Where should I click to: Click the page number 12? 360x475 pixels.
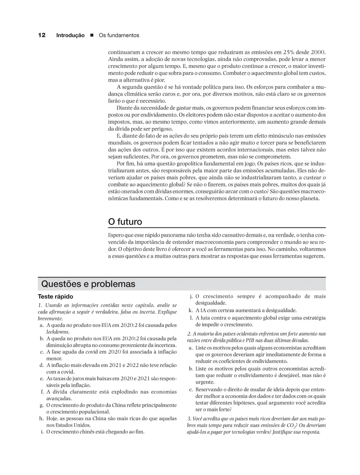pos(41,35)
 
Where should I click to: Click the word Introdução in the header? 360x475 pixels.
pos(70,36)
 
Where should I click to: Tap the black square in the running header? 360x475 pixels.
pos(92,36)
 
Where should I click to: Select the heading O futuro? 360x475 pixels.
pos(125,222)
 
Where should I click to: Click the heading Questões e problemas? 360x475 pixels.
pos(88,284)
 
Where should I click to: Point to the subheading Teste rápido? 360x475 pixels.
pos(55,297)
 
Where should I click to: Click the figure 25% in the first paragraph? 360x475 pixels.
pos(290,52)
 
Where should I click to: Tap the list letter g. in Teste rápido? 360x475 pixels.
pos(42,405)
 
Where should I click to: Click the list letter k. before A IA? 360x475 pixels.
pos(191,310)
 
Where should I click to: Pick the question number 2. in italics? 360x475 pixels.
pos(189,334)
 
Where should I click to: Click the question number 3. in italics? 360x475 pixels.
pos(189,418)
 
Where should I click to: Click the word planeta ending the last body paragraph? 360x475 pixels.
pos(309,198)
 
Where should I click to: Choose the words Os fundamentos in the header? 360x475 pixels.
pos(119,36)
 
